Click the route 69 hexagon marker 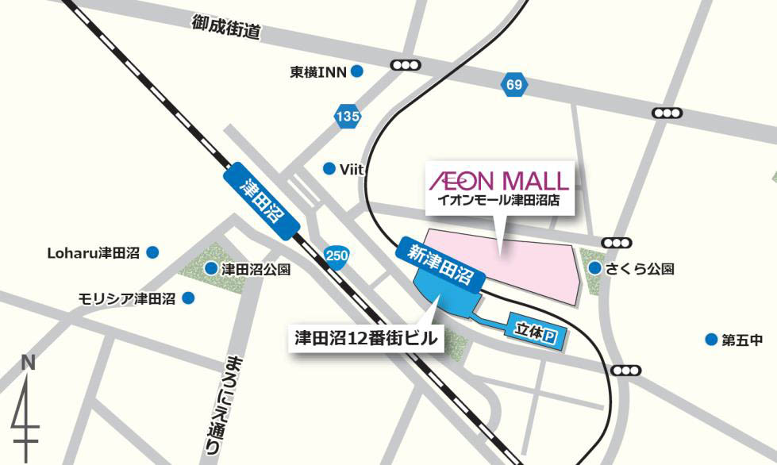click(514, 84)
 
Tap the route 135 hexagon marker click(348, 117)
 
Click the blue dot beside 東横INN click(357, 71)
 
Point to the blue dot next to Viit click(329, 168)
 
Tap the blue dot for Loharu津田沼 click(153, 252)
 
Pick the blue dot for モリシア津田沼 click(189, 298)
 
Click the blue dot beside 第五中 click(711, 340)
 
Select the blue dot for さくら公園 click(594, 268)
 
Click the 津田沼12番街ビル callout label click(361, 338)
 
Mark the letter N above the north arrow click(29, 363)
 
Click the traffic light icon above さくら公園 click(617, 243)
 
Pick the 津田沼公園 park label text click(256, 269)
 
